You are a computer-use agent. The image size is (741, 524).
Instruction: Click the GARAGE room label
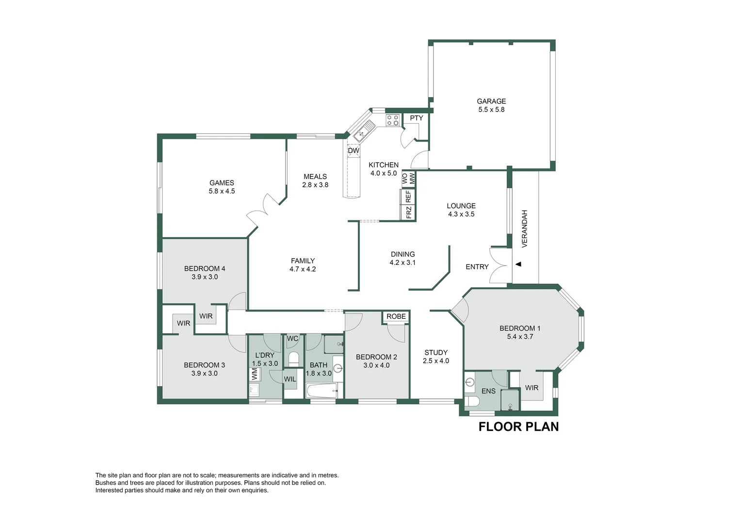[491, 101]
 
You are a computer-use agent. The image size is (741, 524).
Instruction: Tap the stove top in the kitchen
[392, 120]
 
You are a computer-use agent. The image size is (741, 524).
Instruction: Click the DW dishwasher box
[354, 151]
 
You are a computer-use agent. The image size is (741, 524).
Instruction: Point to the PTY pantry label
[416, 118]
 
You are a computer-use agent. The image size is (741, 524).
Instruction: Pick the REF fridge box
[408, 196]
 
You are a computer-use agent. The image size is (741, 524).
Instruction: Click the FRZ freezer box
[408, 213]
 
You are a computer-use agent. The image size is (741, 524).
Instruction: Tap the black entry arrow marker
[518, 264]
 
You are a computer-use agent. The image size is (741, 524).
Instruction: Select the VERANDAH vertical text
[524, 229]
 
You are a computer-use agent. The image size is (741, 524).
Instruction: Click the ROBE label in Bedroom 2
[396, 316]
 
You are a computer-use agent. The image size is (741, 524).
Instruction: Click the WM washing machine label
[254, 374]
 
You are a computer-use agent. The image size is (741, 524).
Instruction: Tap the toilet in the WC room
[293, 359]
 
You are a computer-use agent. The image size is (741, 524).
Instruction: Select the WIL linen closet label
[290, 379]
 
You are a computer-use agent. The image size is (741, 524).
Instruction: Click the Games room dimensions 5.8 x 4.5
[222, 191]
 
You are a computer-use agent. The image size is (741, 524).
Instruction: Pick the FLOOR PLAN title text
[518, 426]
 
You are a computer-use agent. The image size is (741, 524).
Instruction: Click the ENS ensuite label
[488, 391]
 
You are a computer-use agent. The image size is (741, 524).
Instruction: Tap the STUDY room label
[436, 353]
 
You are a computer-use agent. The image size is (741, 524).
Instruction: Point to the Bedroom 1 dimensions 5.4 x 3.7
[520, 336]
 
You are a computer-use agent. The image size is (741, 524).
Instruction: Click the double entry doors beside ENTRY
[499, 265]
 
